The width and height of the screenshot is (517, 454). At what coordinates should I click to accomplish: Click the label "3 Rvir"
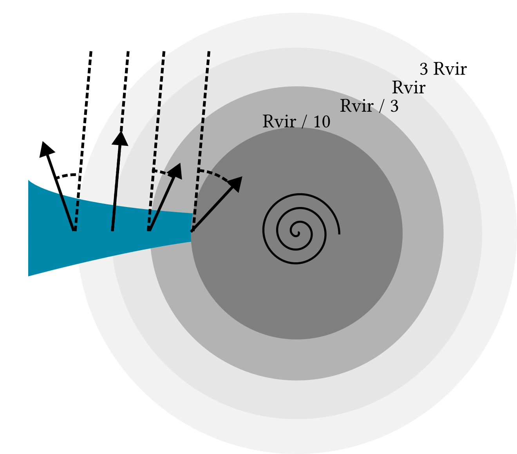pyautogui.click(x=443, y=69)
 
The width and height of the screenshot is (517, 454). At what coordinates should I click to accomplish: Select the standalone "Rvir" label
pyautogui.click(x=409, y=88)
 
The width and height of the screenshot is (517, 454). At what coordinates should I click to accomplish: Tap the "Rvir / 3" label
pyautogui.click(x=369, y=106)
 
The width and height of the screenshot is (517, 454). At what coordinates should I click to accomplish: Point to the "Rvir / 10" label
pyautogui.click(x=296, y=122)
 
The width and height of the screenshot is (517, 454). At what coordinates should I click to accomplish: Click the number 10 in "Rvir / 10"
pyautogui.click(x=322, y=122)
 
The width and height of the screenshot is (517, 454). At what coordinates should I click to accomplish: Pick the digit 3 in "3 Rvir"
pyautogui.click(x=424, y=69)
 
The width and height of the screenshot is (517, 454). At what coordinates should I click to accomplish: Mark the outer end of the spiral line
pyautogui.click(x=339, y=234)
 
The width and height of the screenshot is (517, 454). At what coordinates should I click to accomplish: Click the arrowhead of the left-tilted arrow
pyautogui.click(x=46, y=149)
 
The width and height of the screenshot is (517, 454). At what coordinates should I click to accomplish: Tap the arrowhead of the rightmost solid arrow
pyautogui.click(x=236, y=183)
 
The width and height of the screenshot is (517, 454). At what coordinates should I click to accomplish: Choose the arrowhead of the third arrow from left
pyautogui.click(x=176, y=170)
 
